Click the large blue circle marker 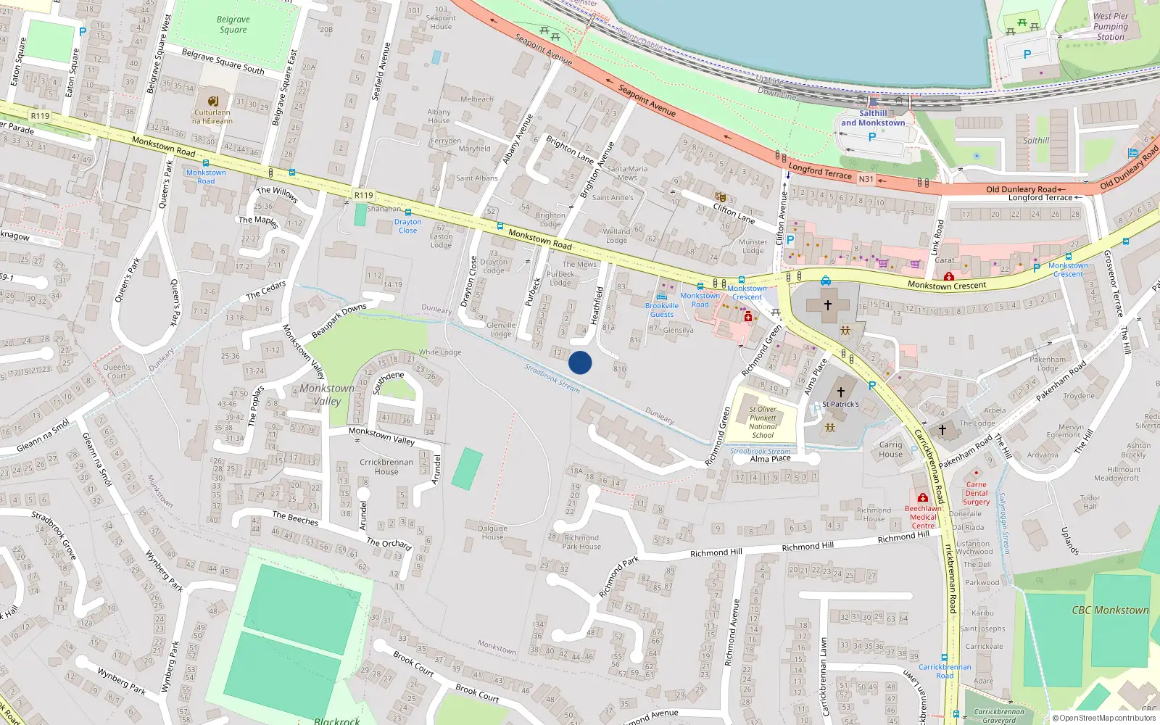(x=580, y=362)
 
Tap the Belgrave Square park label (x=233, y=25)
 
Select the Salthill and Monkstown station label (x=873, y=118)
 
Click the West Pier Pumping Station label (x=1110, y=26)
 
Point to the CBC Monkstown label (x=1110, y=610)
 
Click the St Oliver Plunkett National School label (x=763, y=422)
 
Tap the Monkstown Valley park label (x=327, y=394)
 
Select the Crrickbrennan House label (x=386, y=466)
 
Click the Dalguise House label (x=492, y=532)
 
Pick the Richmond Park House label (x=581, y=542)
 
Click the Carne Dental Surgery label (x=976, y=493)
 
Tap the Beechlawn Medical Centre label (x=923, y=517)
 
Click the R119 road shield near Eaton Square (x=40, y=116)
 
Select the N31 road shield (x=866, y=179)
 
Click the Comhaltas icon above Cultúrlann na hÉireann (x=212, y=101)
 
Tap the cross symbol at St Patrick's (x=841, y=392)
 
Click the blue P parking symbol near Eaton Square (x=83, y=31)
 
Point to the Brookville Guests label (x=662, y=310)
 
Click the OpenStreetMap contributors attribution (x=1103, y=718)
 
